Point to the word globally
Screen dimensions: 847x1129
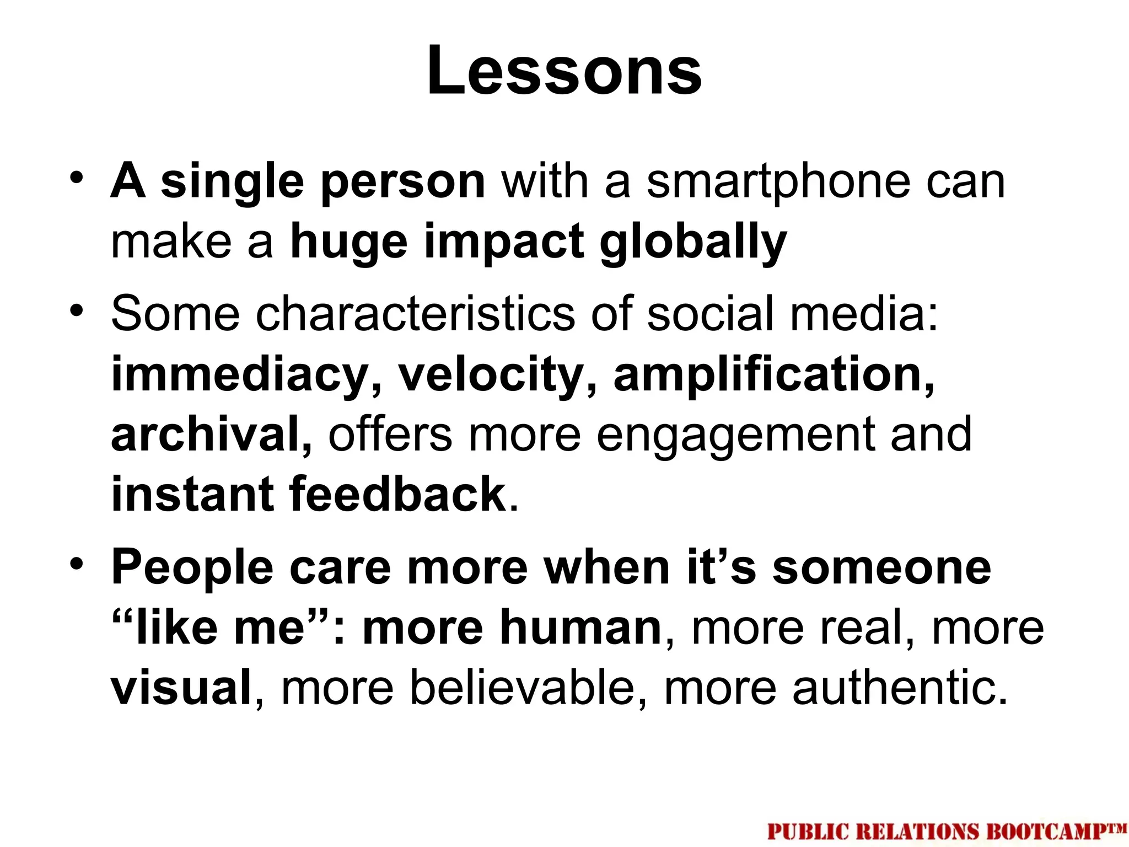pyautogui.click(x=693, y=243)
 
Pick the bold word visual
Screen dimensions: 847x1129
pyautogui.click(x=181, y=687)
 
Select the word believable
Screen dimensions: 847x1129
pyautogui.click(x=523, y=687)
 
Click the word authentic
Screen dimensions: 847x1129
pyautogui.click(x=900, y=687)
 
